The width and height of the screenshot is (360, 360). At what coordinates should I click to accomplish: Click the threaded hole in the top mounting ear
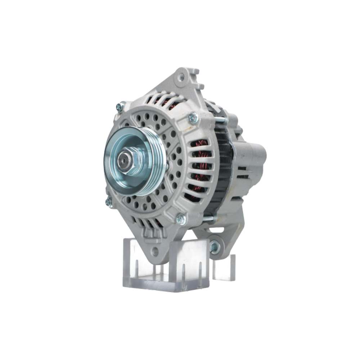[181, 77]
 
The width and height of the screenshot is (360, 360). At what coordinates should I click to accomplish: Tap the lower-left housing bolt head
[109, 202]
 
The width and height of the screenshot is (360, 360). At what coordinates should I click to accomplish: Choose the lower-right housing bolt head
[180, 219]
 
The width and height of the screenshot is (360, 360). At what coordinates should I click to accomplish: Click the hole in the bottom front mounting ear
[155, 251]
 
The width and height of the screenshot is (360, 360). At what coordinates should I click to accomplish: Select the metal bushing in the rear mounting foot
[215, 247]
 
